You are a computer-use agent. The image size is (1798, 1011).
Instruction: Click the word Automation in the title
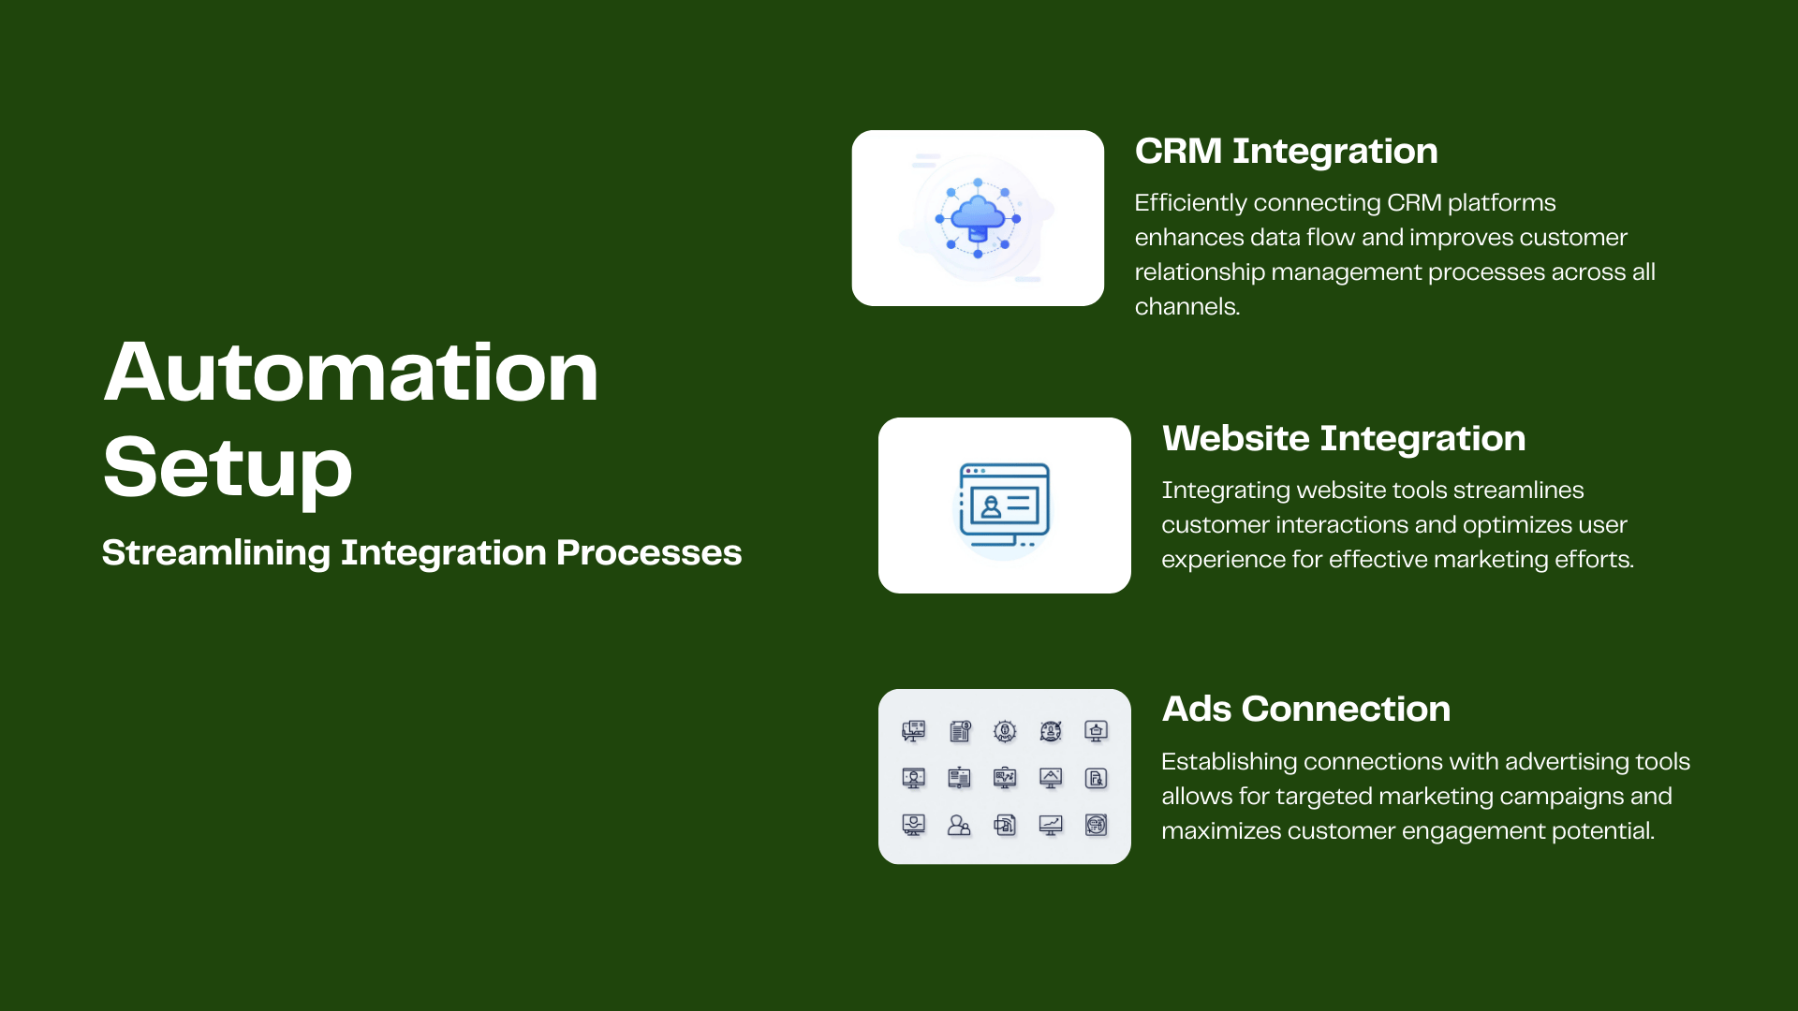point(351,373)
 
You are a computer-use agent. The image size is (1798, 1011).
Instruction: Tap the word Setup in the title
point(228,469)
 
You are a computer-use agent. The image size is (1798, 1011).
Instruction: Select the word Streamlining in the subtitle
point(216,553)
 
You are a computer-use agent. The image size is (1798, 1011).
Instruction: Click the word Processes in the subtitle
point(649,553)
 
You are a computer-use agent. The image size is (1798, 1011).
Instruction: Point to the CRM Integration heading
point(1287,152)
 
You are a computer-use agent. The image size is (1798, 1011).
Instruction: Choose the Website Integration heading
point(1344,439)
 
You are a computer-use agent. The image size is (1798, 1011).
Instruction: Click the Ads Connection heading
point(1306,710)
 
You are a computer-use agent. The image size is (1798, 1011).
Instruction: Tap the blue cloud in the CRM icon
point(978,214)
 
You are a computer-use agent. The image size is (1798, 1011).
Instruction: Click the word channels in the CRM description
point(1186,307)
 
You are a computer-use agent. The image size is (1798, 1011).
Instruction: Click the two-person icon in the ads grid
point(959,825)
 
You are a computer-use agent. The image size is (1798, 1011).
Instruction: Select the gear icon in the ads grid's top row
point(1005,731)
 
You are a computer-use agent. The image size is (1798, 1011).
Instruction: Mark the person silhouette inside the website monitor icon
point(991,506)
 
